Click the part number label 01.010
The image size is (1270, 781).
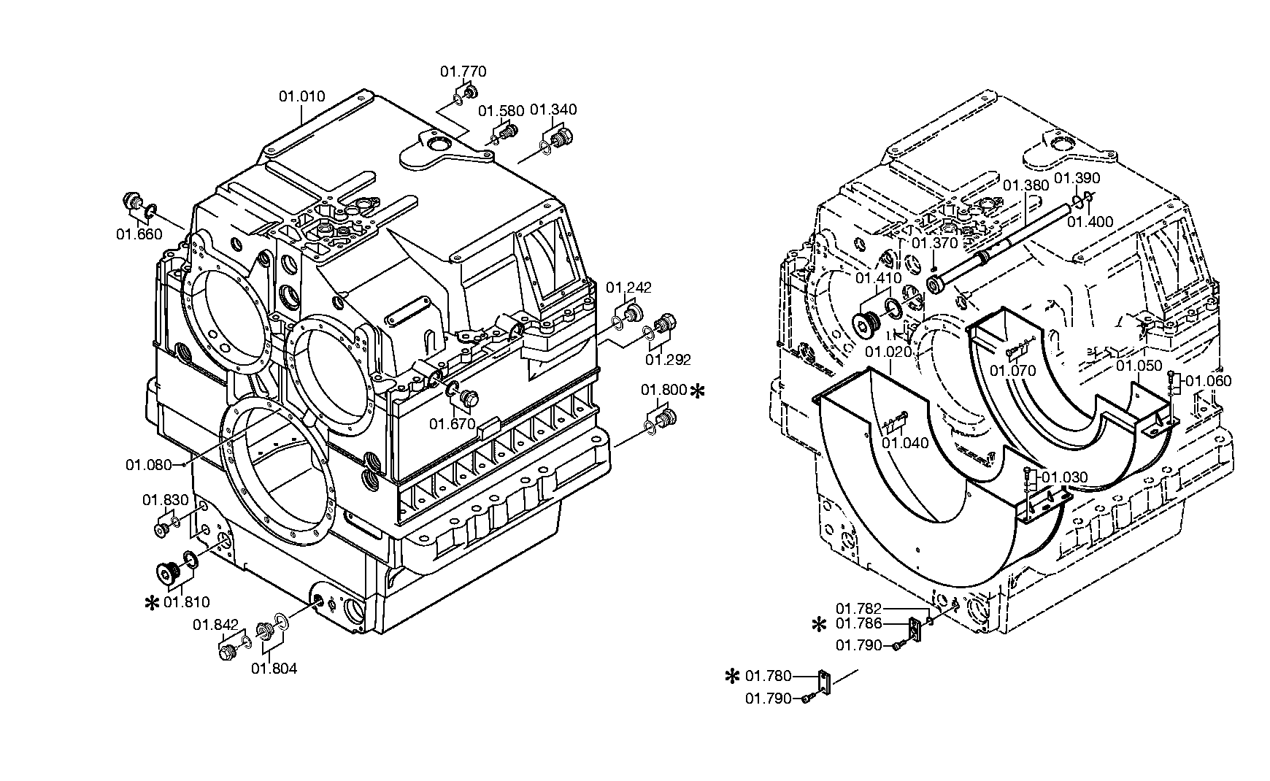pos(301,96)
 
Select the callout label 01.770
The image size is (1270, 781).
pos(463,72)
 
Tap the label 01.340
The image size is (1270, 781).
pos(553,109)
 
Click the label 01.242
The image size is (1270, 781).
pos(628,288)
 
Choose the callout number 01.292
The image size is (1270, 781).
pos(667,359)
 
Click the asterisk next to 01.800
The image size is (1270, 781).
pos(698,391)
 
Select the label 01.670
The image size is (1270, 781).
pos(452,424)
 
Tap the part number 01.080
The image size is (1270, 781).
pos(148,465)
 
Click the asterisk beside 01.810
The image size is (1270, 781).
pos(153,603)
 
